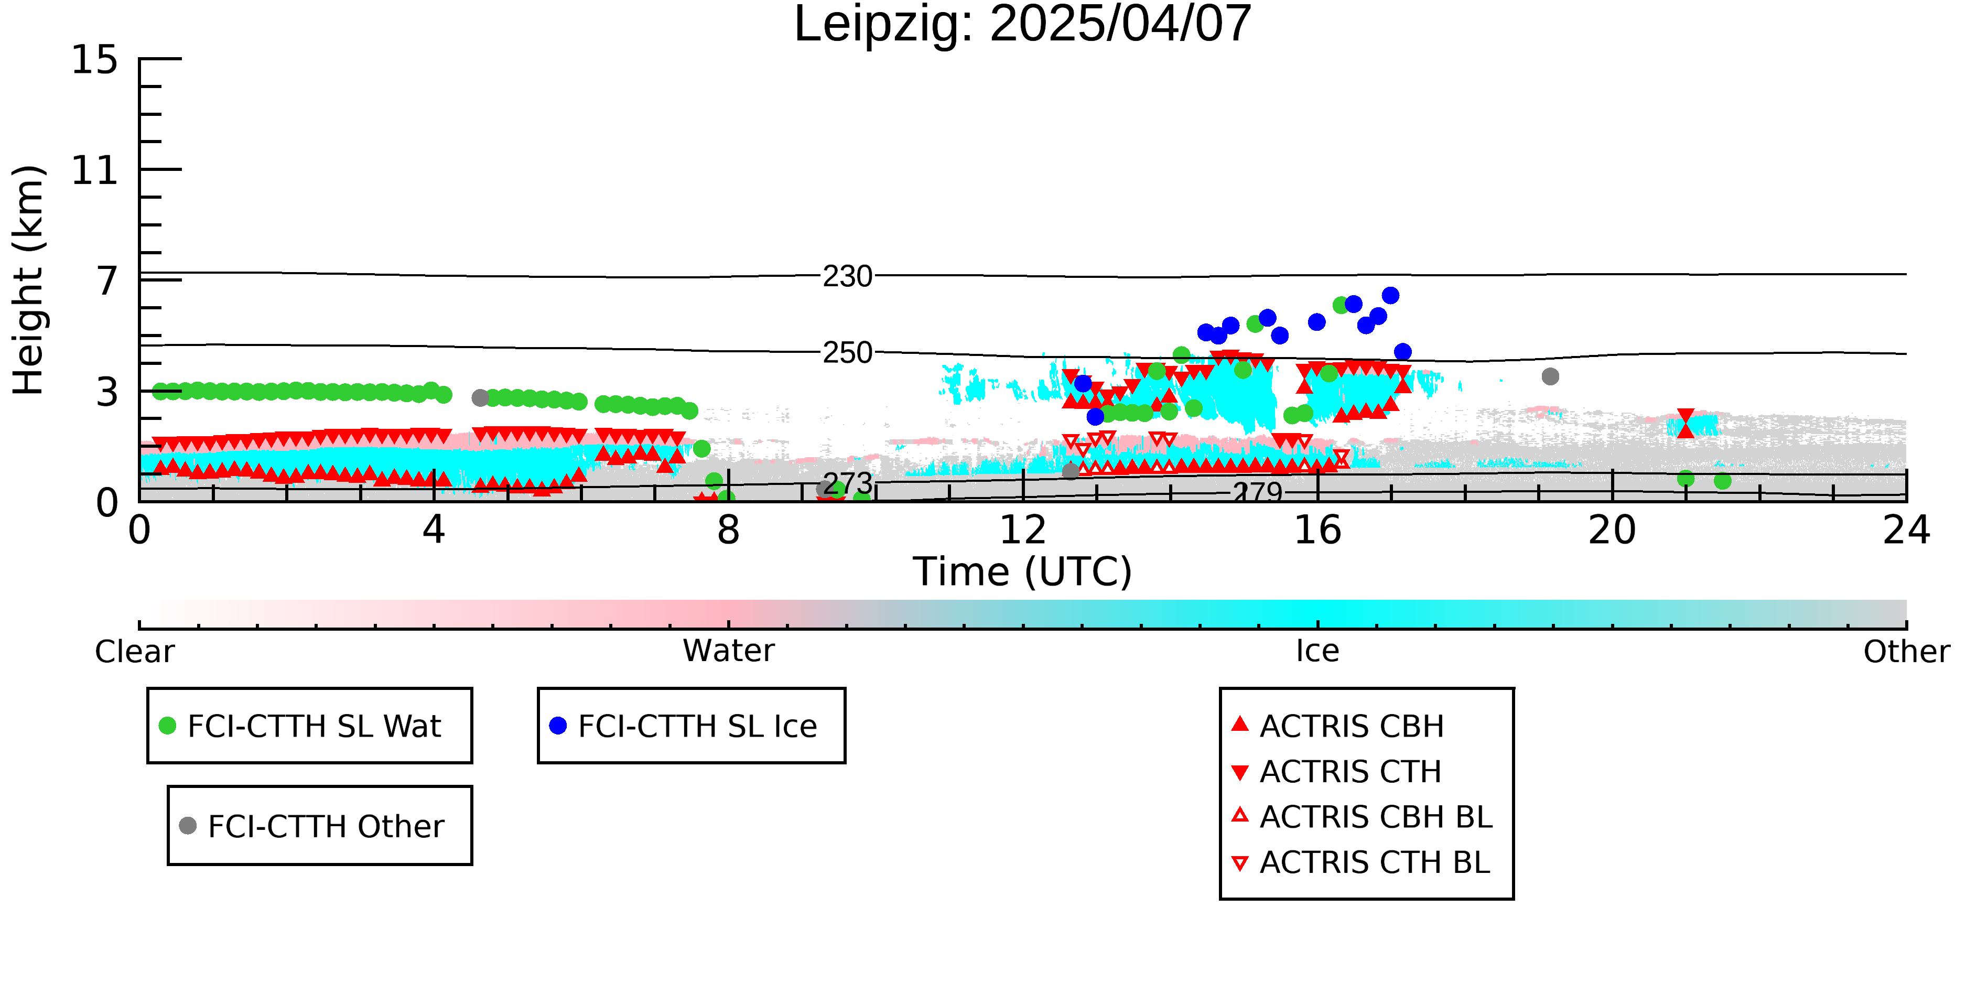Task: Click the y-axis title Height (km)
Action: click(29, 280)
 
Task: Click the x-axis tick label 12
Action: click(1023, 530)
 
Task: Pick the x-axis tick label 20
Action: click(1612, 530)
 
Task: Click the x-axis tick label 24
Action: click(1906, 530)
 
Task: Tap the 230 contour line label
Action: click(847, 276)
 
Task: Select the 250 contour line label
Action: click(847, 353)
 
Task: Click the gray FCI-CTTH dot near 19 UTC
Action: click(1550, 376)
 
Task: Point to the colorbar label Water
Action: click(729, 651)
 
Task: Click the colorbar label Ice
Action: click(1317, 651)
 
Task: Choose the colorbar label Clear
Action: click(134, 652)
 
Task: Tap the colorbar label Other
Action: click(1906, 652)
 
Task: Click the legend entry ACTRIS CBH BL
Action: click(1362, 817)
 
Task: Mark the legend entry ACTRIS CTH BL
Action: click(1361, 862)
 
